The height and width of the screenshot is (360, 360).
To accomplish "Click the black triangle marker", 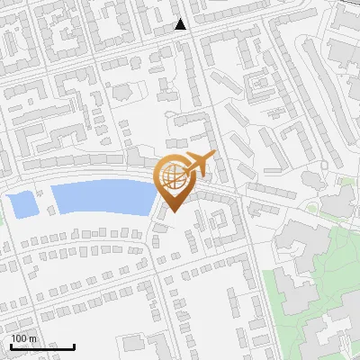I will (x=181, y=24).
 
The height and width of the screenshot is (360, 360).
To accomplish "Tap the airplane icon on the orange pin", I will (x=197, y=165).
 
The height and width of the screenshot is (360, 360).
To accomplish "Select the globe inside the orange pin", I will (x=173, y=177).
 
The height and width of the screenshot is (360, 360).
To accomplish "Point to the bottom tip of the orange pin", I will (x=173, y=212).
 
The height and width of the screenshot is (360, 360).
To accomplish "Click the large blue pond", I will (x=99, y=197).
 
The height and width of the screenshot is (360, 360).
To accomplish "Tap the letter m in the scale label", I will (x=33, y=338).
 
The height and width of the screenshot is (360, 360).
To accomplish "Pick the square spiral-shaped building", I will (x=262, y=84).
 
